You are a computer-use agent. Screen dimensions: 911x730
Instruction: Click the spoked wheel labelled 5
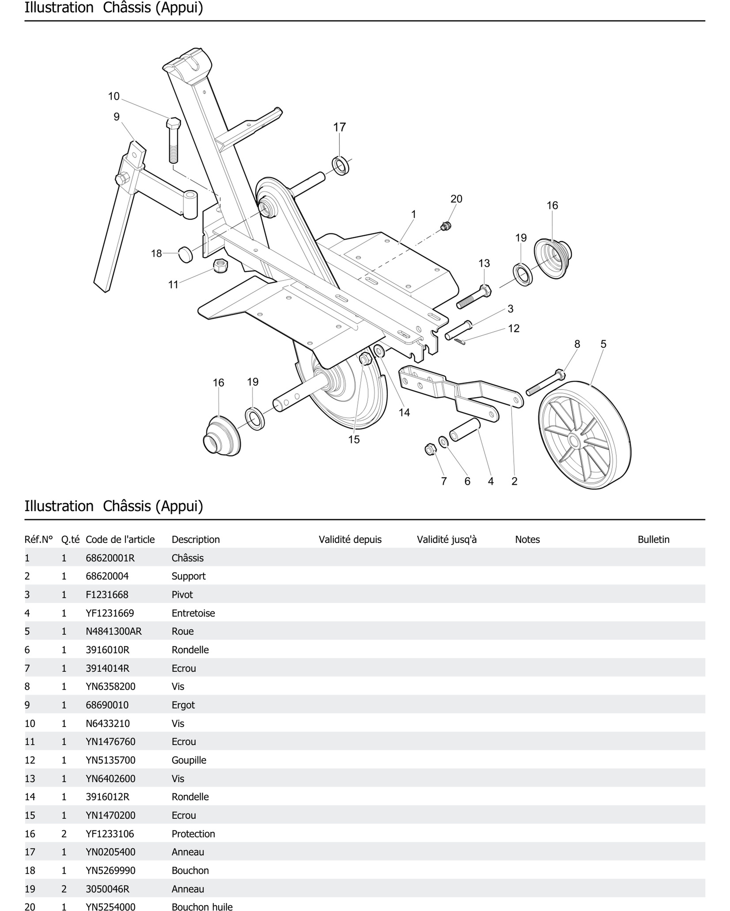tap(584, 435)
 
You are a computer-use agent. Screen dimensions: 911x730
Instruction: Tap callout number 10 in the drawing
tap(114, 96)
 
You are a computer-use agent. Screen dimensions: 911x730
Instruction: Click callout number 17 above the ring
tap(339, 127)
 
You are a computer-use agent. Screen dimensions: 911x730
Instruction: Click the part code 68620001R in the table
tap(110, 558)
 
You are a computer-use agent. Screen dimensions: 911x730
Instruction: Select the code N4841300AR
tap(114, 631)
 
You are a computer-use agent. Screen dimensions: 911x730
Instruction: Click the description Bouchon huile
tap(202, 907)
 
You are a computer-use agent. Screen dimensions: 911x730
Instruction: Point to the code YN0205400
tap(110, 852)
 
